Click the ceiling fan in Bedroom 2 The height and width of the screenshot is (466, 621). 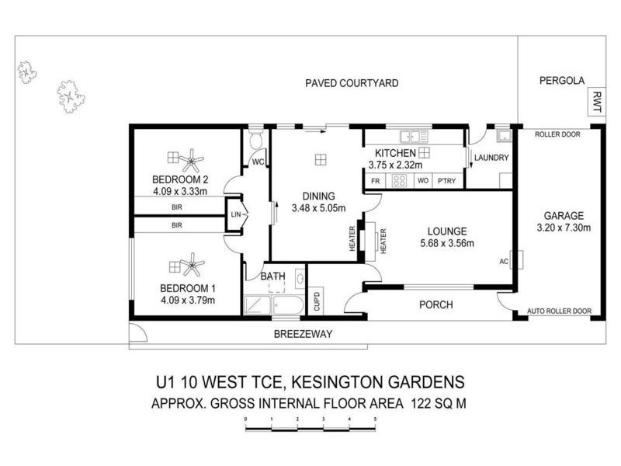click(x=191, y=162)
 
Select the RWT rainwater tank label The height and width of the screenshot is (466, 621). click(x=596, y=103)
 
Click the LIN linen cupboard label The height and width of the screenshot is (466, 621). click(x=235, y=215)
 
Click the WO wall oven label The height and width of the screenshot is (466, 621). click(x=423, y=180)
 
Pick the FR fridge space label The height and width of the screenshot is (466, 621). click(x=375, y=180)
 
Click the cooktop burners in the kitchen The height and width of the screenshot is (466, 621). click(x=399, y=180)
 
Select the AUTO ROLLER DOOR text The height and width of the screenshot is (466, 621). click(x=559, y=311)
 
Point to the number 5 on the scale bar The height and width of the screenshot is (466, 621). click(x=376, y=419)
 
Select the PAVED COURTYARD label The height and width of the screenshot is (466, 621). click(x=352, y=82)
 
